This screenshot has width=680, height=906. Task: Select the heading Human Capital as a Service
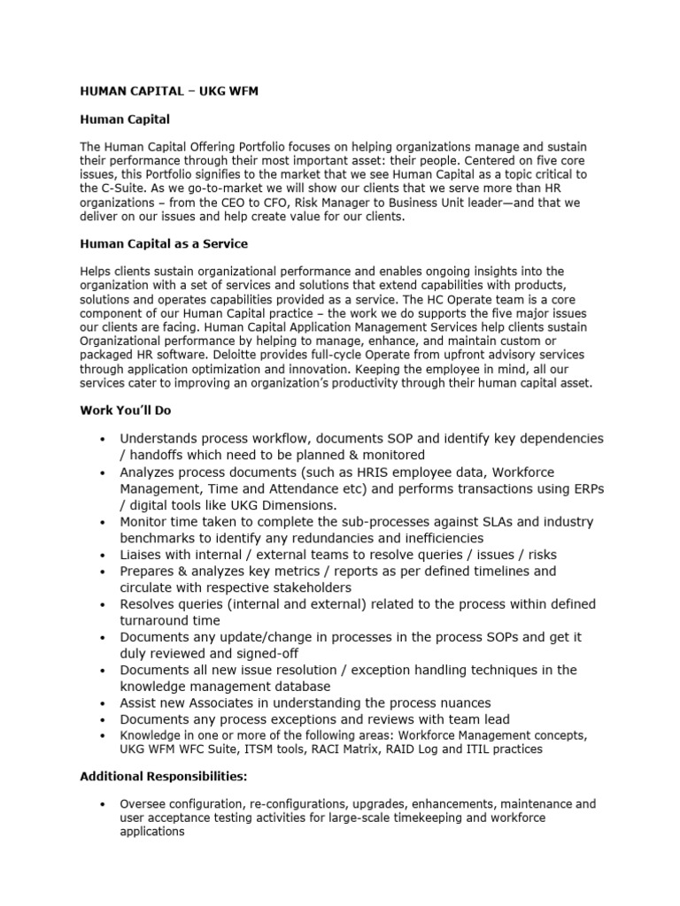(165, 243)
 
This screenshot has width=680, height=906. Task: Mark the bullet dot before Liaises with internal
(104, 556)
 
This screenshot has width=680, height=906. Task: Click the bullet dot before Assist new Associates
(104, 703)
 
